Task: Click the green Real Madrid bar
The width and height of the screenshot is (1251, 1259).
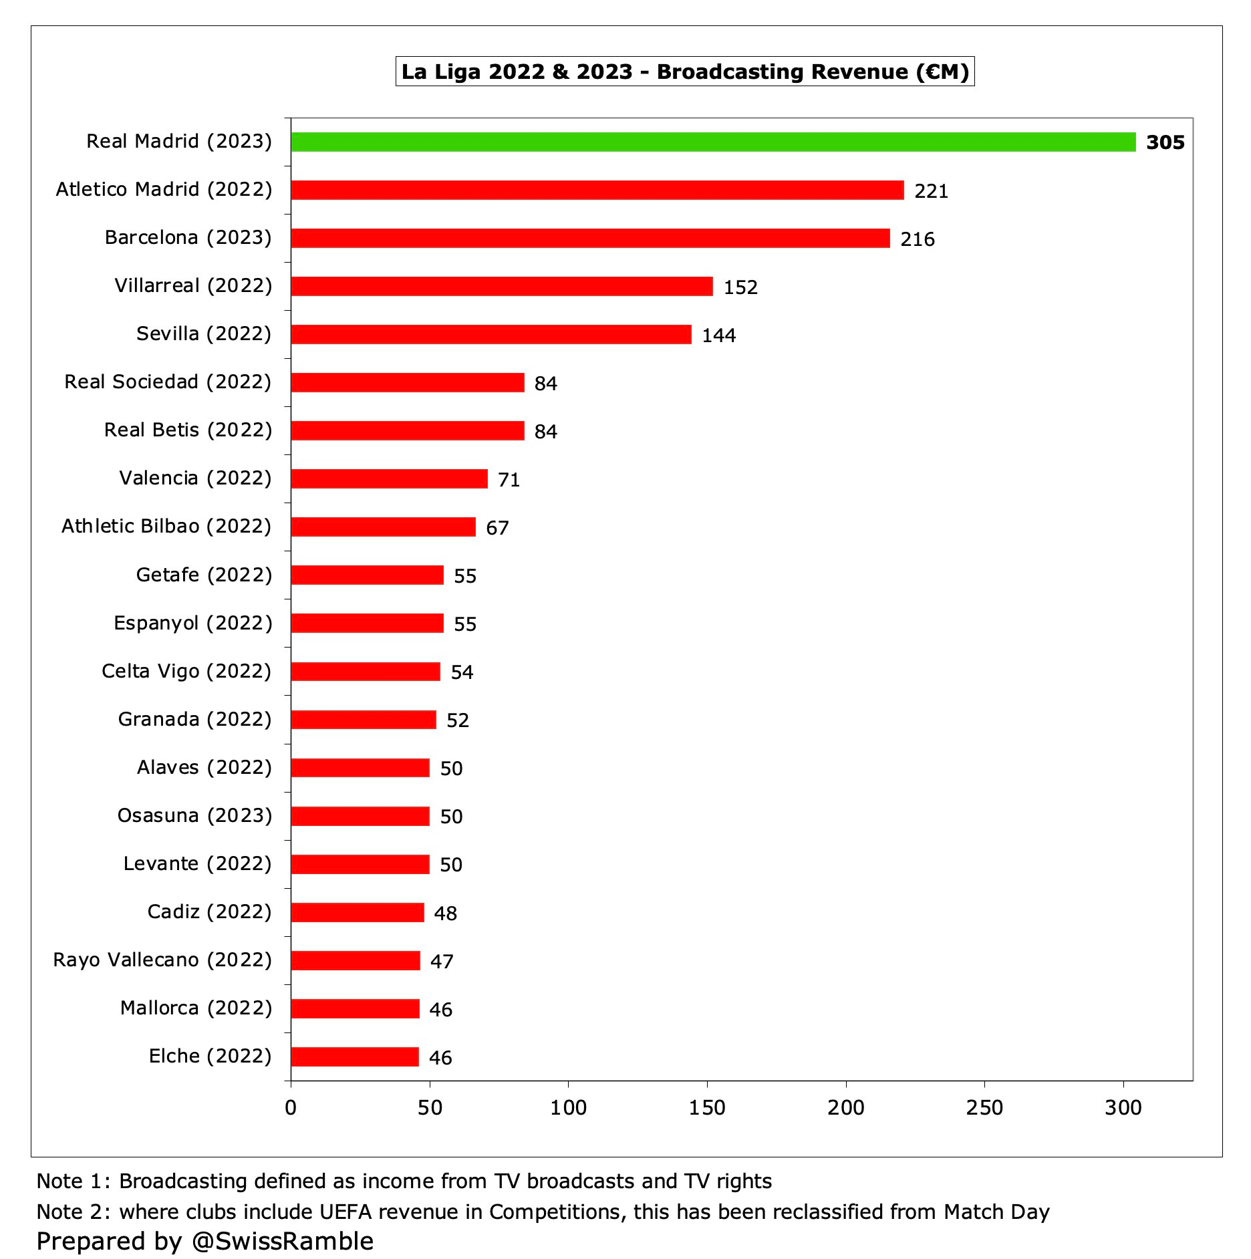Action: tap(713, 142)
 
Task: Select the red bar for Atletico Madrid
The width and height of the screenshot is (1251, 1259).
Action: tap(597, 190)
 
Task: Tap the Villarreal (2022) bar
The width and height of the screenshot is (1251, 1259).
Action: tap(501, 286)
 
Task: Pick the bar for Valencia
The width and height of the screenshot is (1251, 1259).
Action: tap(389, 478)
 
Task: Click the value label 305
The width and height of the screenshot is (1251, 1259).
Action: tap(1165, 142)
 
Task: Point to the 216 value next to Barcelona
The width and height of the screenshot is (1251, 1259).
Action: tap(917, 239)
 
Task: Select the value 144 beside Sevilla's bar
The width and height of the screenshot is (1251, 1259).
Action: tap(718, 335)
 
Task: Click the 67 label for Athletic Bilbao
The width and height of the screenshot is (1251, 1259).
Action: tap(497, 528)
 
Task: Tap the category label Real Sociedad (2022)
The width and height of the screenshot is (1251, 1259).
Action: tap(168, 382)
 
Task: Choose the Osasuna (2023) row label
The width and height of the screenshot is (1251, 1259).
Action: tap(194, 815)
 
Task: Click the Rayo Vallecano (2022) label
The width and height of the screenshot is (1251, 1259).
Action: tap(162, 960)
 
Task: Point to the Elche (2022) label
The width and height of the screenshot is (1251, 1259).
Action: tap(210, 1056)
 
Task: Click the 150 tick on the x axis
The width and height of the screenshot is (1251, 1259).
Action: tap(707, 1107)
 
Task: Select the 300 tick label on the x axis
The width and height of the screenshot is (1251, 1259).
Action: tap(1123, 1107)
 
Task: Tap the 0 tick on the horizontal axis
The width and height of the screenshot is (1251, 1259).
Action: tap(291, 1107)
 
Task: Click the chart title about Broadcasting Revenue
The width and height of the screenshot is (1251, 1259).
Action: tap(685, 72)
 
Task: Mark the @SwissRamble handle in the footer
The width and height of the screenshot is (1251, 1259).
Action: tap(282, 1241)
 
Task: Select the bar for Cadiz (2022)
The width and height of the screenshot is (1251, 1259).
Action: tap(358, 912)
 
